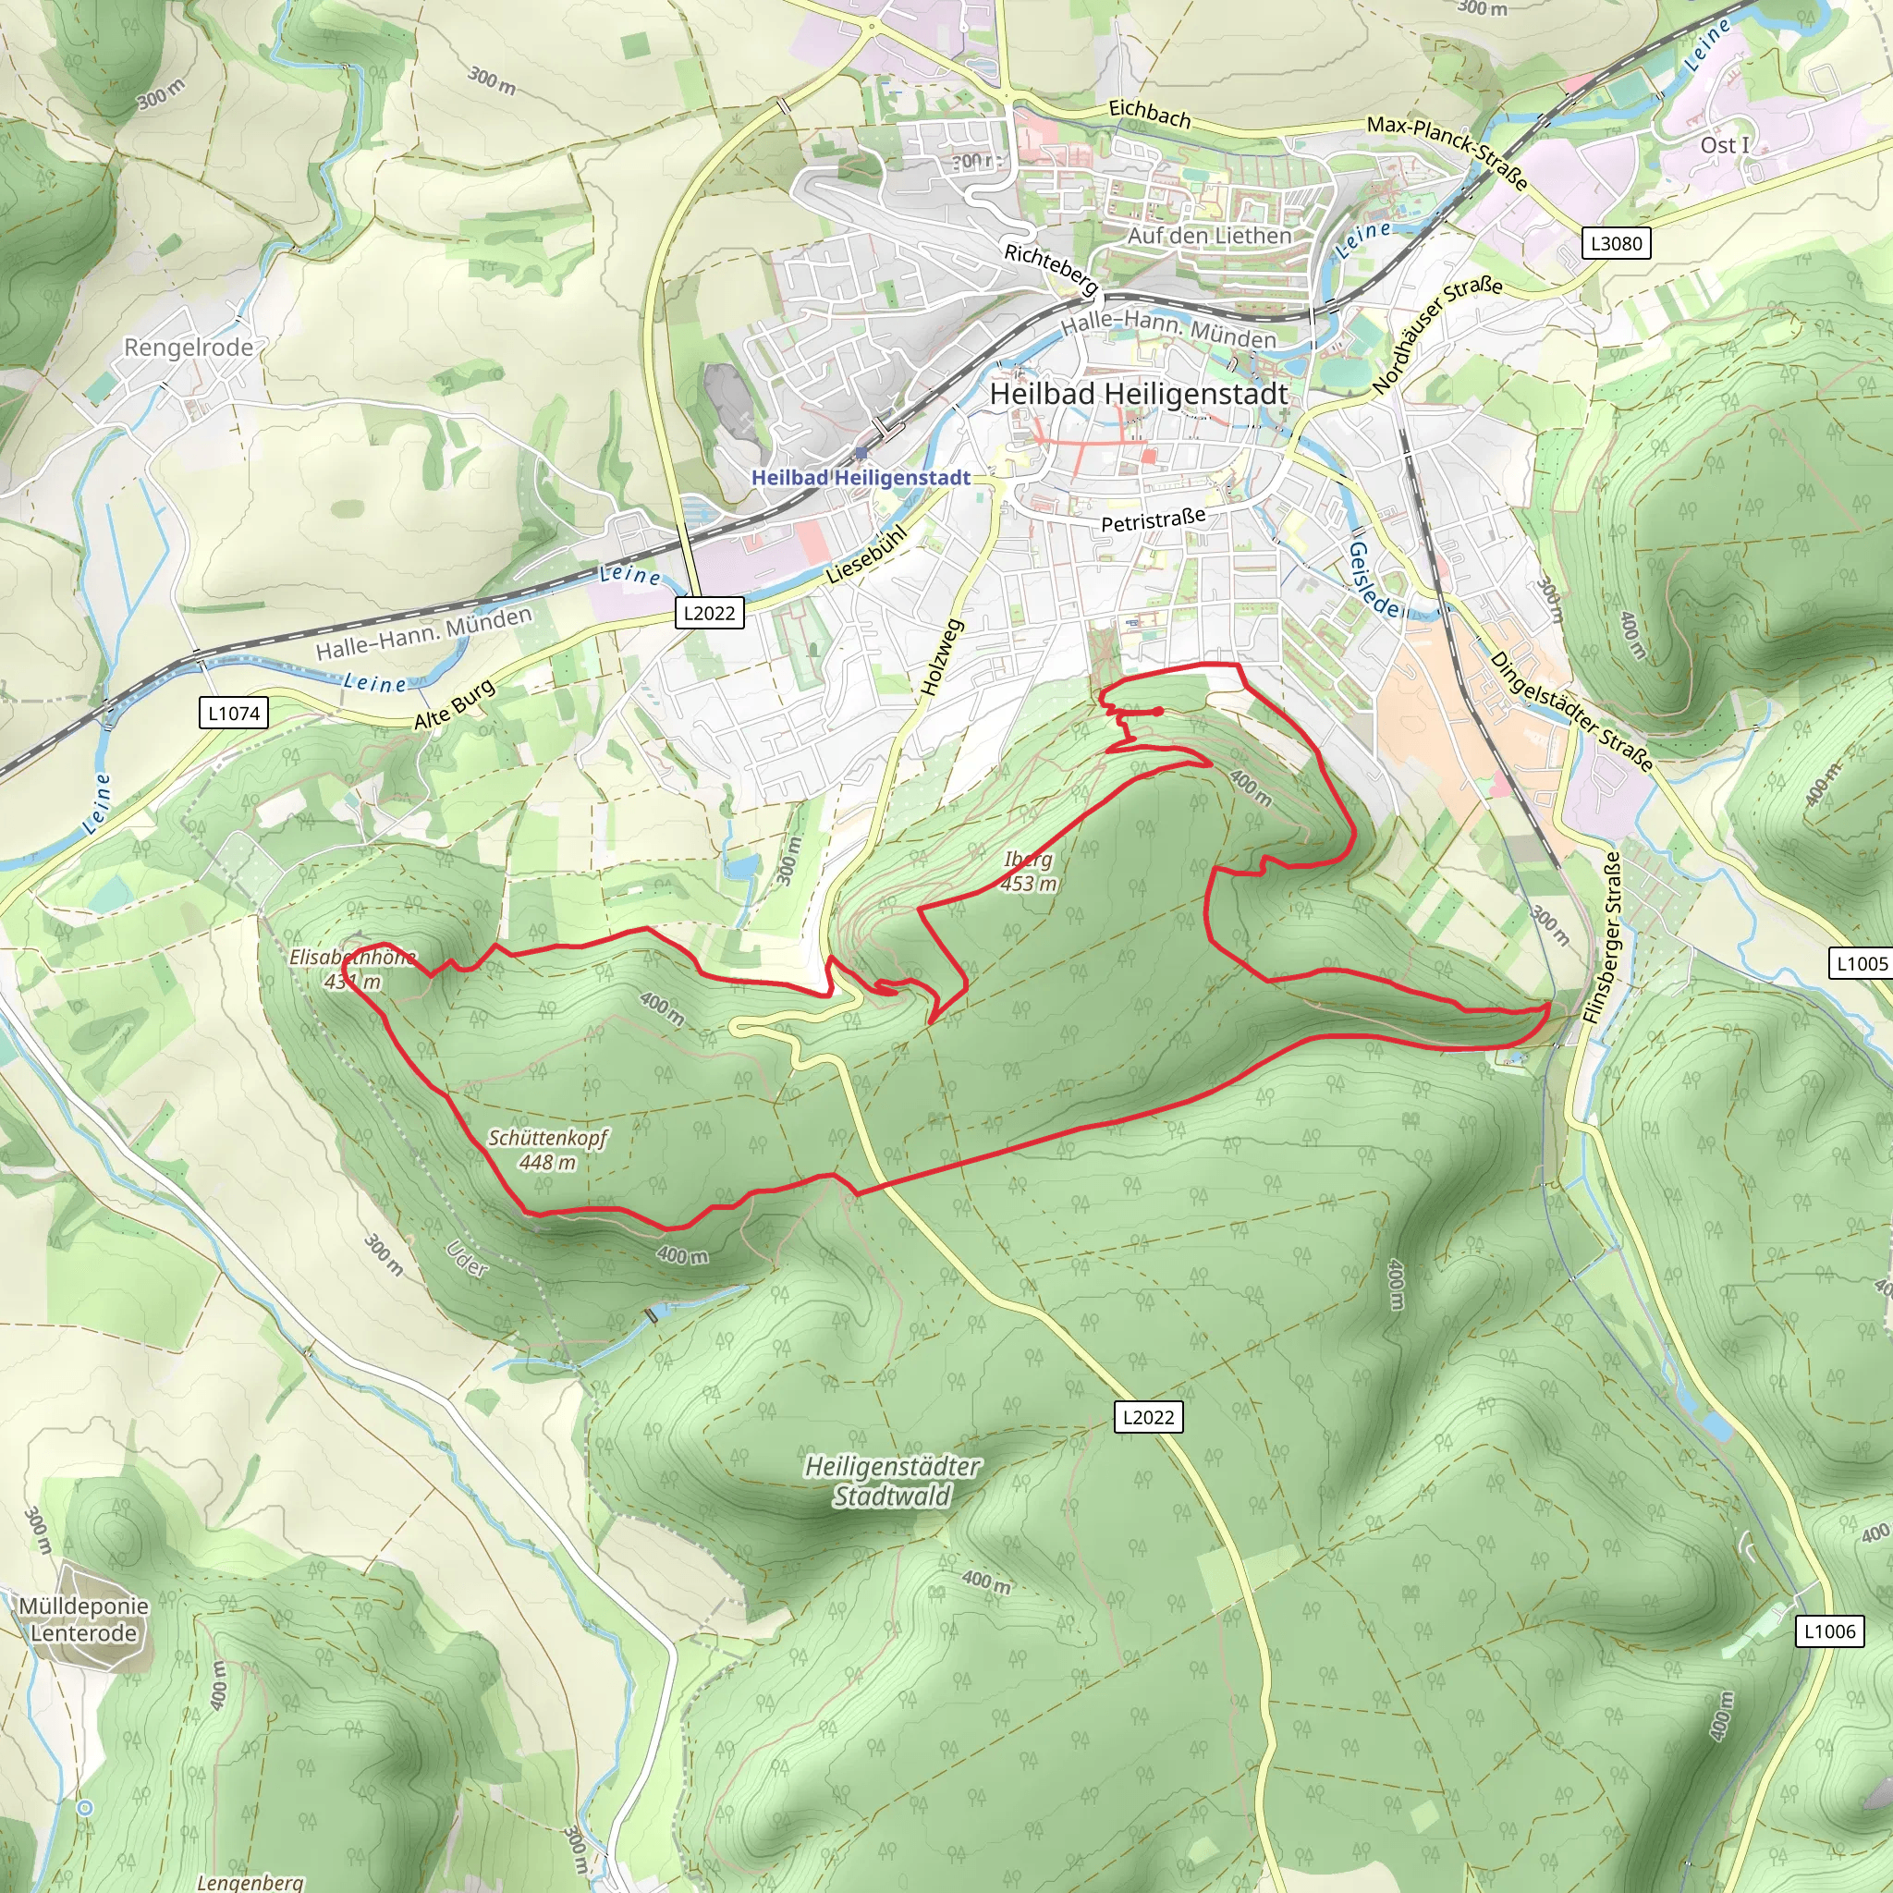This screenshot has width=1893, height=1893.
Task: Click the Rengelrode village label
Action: (x=189, y=348)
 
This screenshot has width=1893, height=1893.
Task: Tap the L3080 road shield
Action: (x=1616, y=243)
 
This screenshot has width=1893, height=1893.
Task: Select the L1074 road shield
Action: (x=234, y=714)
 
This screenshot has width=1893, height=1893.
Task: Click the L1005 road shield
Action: (x=1861, y=963)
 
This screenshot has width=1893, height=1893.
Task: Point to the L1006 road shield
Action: (x=1829, y=1631)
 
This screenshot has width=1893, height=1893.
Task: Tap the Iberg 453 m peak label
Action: (x=1029, y=871)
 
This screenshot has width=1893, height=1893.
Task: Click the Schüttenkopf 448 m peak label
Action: (x=548, y=1149)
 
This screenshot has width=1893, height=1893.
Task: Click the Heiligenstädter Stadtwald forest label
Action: (x=892, y=1481)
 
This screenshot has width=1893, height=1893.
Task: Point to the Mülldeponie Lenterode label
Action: (x=84, y=1618)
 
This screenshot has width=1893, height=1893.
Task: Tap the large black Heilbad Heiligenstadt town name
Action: (x=1139, y=394)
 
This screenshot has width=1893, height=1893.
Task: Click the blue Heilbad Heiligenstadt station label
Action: (x=861, y=477)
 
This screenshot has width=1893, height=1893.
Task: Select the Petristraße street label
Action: (x=1153, y=520)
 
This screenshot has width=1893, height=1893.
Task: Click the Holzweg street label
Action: (x=943, y=656)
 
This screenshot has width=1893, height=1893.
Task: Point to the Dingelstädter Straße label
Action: (x=1571, y=712)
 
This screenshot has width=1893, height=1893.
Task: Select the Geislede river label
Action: (x=1374, y=578)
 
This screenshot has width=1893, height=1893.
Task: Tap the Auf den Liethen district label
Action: (x=1209, y=235)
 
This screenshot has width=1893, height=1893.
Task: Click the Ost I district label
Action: (x=1724, y=145)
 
